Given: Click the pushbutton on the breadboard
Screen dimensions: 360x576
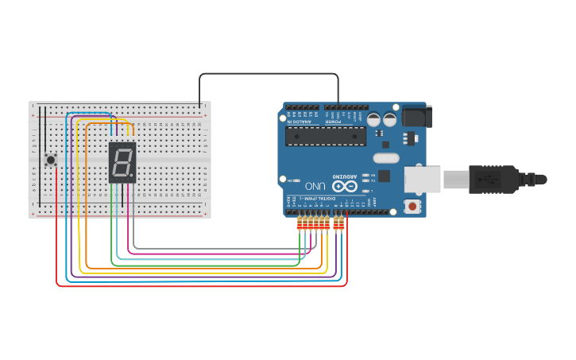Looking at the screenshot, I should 51,160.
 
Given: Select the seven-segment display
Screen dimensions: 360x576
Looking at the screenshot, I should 122,162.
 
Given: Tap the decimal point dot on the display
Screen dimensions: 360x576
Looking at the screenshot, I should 132,176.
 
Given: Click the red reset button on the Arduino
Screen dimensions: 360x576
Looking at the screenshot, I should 412,207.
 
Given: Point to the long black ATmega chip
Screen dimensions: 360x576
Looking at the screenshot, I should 326,136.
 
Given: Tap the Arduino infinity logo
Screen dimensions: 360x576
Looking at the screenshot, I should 345,186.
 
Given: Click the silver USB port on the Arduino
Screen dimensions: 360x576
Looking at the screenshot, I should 422,179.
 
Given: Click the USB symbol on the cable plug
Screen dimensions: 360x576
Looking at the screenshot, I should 486,179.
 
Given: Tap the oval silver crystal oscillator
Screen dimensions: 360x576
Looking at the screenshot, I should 385,157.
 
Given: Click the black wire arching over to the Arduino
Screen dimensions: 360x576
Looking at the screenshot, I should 270,74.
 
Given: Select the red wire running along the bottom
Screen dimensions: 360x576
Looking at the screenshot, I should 199,285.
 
